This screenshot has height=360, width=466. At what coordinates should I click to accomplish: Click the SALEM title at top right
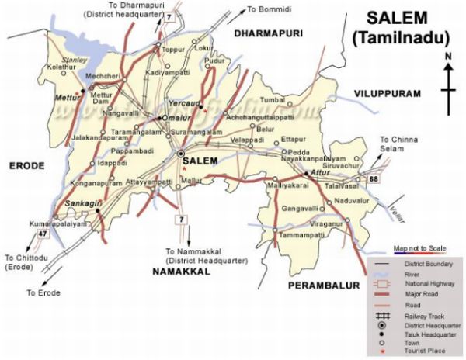pyautogui.click(x=397, y=18)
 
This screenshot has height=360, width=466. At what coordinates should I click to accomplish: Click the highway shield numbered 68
pyautogui.click(x=374, y=179)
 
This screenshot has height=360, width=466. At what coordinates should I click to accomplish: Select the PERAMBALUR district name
pyautogui.click(x=324, y=286)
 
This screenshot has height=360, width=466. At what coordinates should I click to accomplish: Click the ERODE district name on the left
pyautogui.click(x=23, y=164)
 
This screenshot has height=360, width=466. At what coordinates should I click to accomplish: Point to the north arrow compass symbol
pyautogui.click(x=448, y=85)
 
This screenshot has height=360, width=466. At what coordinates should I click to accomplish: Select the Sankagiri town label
pyautogui.click(x=82, y=202)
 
